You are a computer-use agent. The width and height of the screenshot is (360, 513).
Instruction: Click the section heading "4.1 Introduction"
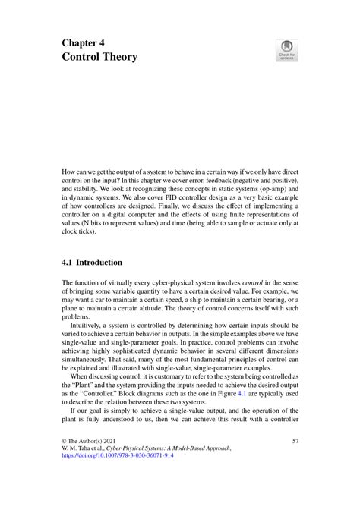[92, 263]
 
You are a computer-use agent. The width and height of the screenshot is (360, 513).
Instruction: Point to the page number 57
[295, 462]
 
